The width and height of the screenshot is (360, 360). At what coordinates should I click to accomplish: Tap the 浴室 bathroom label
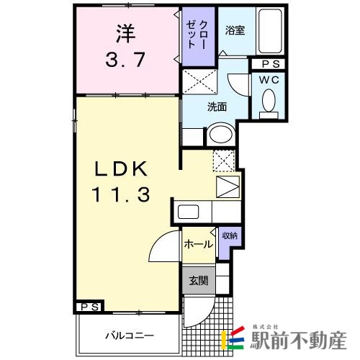[x=234, y=30]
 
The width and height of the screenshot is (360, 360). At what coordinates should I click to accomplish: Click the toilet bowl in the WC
[x=269, y=101]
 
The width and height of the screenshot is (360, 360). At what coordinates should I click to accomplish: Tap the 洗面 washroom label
[x=217, y=107]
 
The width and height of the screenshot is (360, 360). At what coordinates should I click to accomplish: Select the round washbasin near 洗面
[x=221, y=136]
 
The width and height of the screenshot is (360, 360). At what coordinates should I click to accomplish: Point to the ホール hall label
[x=198, y=244]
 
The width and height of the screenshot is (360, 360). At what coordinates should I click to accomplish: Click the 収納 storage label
[x=229, y=235]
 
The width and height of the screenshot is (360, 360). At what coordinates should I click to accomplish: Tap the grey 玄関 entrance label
[x=198, y=281]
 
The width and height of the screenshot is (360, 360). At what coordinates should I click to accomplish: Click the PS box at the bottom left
[x=91, y=307]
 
